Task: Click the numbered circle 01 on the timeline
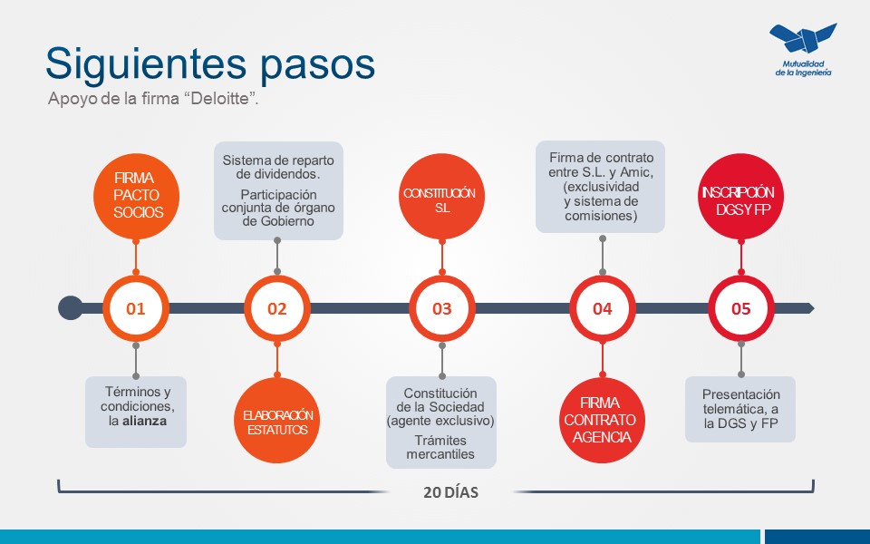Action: pyautogui.click(x=136, y=308)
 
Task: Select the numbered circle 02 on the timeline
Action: pyautogui.click(x=277, y=308)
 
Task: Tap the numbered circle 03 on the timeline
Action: pyautogui.click(x=442, y=308)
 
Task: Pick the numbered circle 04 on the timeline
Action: pyautogui.click(x=603, y=308)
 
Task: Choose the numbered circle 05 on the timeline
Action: pyautogui.click(x=741, y=308)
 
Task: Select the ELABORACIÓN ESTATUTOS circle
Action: pyautogui.click(x=278, y=422)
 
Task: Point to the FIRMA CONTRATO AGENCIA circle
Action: pyautogui.click(x=600, y=421)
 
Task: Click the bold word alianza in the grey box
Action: pyautogui.click(x=145, y=422)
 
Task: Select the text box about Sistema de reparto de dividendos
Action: pyautogui.click(x=278, y=190)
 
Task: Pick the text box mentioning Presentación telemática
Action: pyautogui.click(x=740, y=409)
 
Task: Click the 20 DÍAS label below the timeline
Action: pyautogui.click(x=450, y=494)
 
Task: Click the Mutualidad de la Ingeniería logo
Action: pyautogui.click(x=803, y=50)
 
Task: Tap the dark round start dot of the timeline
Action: pyautogui.click(x=70, y=308)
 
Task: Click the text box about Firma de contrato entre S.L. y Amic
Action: pyautogui.click(x=601, y=187)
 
